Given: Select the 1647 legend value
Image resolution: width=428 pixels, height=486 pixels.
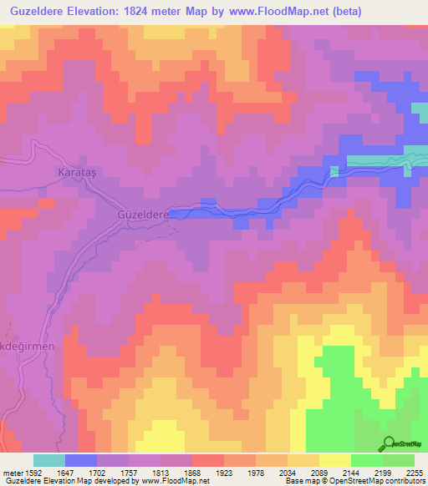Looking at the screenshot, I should point(65,472).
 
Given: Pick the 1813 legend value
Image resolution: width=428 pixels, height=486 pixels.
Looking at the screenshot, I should point(160,472).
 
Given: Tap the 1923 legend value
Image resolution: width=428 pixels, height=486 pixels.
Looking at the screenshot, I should point(224,472).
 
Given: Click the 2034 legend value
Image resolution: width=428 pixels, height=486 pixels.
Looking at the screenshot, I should point(288,472).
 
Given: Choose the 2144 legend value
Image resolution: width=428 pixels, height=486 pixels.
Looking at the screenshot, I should point(351,472).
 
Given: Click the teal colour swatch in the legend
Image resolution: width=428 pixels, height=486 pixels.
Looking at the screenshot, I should point(49,460).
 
